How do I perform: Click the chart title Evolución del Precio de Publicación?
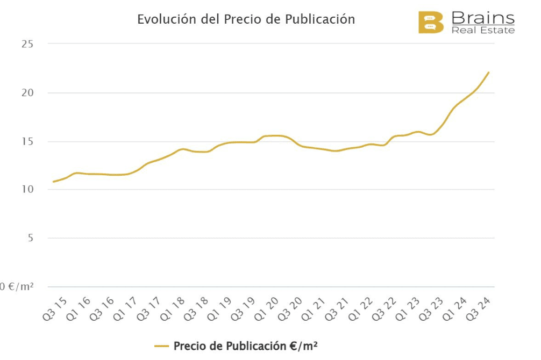pos(246,19)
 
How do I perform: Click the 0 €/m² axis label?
pos(17,287)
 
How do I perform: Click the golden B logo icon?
pos(431,23)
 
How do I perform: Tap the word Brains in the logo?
pos(483,17)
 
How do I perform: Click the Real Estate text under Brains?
pos(483,30)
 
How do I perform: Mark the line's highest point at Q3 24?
pos(488,73)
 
